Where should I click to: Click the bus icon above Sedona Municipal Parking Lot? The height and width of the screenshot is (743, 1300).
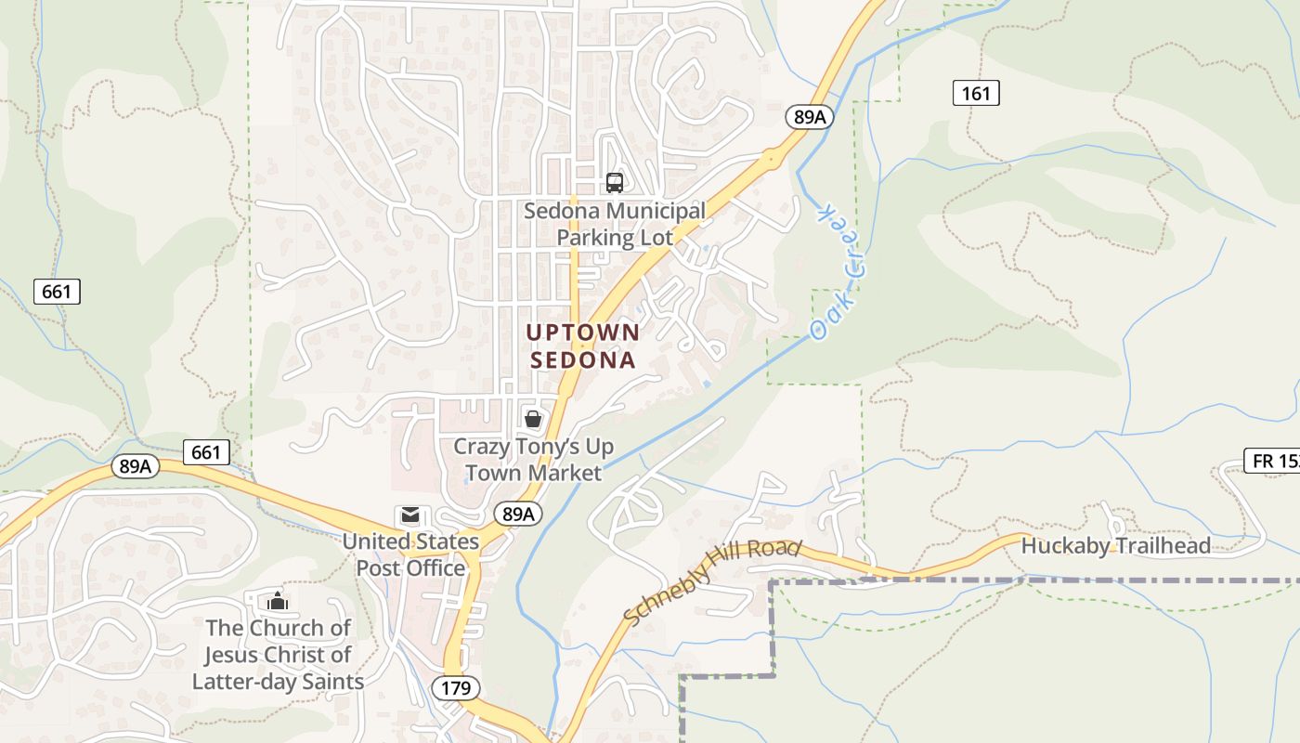tap(614, 182)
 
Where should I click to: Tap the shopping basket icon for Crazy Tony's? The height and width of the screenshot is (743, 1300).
tap(533, 419)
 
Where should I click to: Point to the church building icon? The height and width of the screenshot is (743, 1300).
tap(276, 602)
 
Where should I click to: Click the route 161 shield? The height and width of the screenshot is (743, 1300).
tap(976, 92)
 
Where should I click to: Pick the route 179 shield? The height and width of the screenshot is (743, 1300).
tap(456, 688)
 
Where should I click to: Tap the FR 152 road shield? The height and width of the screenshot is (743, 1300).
tap(1273, 460)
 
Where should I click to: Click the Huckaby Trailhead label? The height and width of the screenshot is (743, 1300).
tap(1115, 545)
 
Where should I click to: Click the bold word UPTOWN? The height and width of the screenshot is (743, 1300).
tap(583, 332)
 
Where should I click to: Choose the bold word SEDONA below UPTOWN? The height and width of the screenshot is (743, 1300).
tap(583, 359)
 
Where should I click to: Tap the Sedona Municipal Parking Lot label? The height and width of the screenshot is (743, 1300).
tap(615, 224)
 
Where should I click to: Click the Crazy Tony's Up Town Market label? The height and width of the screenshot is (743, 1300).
tap(533, 460)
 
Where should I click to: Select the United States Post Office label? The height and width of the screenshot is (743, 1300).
tap(410, 554)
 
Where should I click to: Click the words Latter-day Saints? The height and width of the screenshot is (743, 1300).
tap(278, 682)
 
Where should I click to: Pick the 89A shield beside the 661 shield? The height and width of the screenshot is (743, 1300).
tap(136, 466)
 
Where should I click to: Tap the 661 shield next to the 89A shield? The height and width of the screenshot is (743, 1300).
tap(206, 452)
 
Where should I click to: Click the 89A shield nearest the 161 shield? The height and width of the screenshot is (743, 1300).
tap(810, 116)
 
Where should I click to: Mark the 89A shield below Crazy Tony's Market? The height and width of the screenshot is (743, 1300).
tap(517, 514)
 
